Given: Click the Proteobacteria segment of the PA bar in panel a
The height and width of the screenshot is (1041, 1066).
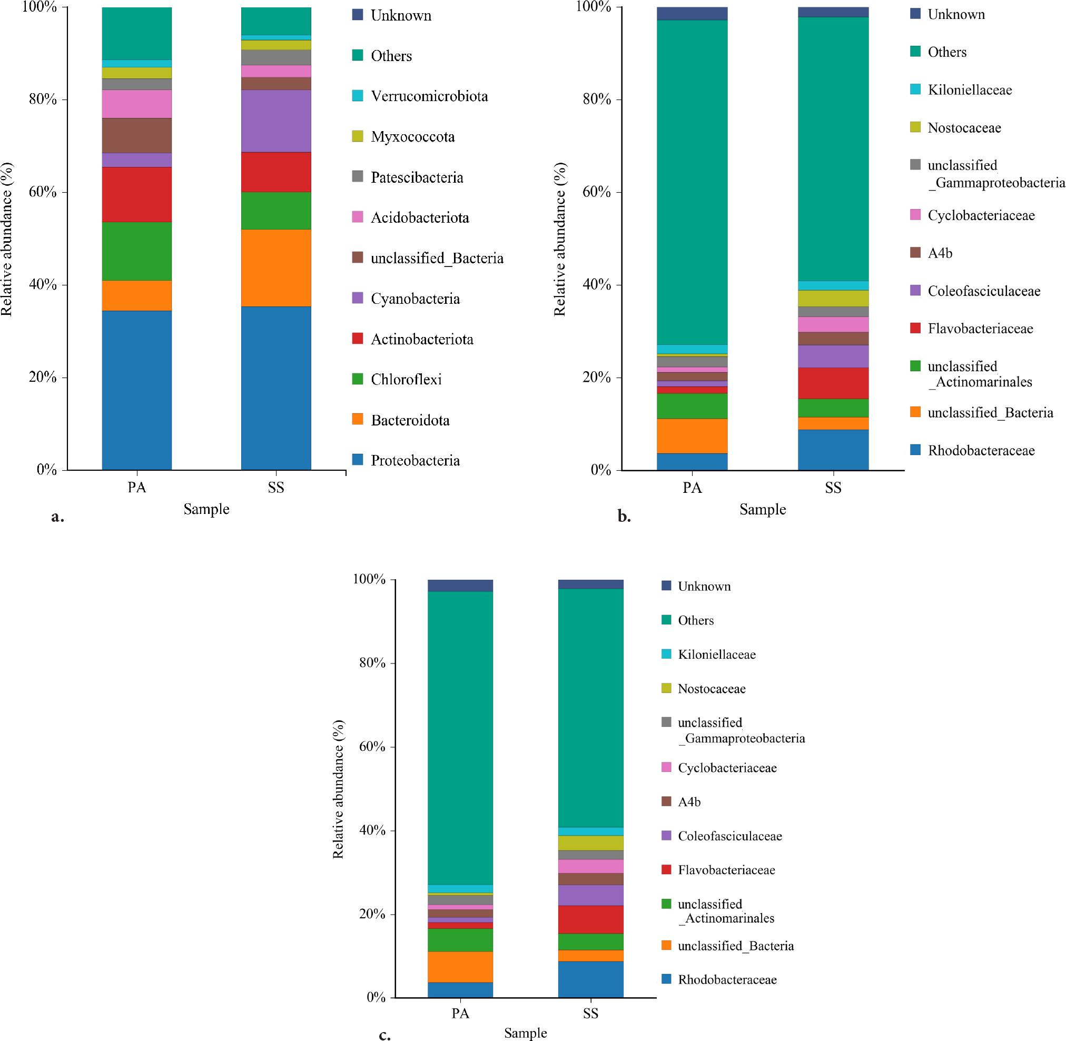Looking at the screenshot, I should coord(137,390).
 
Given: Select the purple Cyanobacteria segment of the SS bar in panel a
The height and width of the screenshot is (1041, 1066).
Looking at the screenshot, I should coord(276,121).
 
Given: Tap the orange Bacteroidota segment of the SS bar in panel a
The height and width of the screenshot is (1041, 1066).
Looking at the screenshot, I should coord(276,267).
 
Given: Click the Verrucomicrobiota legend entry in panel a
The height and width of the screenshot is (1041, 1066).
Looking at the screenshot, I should coord(429,96).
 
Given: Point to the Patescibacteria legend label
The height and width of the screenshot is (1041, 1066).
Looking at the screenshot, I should coord(417,177).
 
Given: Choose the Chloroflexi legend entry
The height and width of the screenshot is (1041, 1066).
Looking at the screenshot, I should coord(406,380).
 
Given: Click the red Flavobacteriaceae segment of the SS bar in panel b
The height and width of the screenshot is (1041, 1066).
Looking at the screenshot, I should coord(833,383).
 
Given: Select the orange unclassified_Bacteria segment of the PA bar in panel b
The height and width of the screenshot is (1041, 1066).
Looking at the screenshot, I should coord(693,436).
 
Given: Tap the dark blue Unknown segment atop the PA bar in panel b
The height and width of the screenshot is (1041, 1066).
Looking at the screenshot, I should coord(693,13).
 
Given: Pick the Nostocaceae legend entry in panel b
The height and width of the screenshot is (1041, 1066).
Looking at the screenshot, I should coord(964,128).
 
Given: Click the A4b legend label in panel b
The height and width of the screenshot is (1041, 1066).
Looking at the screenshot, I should coord(940,253).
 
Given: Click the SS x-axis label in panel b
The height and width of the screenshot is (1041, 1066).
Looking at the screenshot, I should coord(833,488).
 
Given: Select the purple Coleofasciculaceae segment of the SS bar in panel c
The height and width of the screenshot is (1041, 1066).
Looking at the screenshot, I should coord(591,895).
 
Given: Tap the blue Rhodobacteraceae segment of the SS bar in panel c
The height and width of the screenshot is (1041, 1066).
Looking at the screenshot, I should coord(591,979).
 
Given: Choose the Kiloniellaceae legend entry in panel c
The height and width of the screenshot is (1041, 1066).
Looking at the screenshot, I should coord(716,655).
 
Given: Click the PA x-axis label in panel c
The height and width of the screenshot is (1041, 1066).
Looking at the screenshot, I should coord(460,1014).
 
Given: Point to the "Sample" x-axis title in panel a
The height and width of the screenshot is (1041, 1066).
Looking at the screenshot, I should coord(206,509).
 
